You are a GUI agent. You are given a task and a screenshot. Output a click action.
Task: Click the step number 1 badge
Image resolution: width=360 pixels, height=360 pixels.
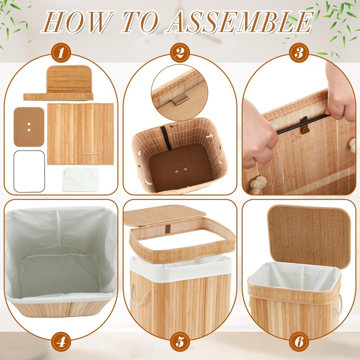[61, 53]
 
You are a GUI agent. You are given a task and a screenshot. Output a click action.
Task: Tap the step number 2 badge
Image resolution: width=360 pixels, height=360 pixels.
[180, 53]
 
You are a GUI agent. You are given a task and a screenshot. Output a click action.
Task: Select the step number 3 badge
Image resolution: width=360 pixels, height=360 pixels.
[299, 53]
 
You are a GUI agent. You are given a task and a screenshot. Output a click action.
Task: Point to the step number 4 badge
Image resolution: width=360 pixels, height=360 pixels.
[61, 342]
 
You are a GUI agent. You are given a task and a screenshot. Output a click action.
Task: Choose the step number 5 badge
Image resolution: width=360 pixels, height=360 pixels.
[180, 342]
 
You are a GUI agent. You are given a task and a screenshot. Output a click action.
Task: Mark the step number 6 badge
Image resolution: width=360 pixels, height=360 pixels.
[299, 342]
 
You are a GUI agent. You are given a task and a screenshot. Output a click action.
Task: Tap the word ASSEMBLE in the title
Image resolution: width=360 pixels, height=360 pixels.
[241, 22]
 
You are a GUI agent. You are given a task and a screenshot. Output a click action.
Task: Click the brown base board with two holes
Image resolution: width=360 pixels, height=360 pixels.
[29, 127]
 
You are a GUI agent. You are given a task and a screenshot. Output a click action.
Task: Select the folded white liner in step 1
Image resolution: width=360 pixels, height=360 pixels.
[81, 179]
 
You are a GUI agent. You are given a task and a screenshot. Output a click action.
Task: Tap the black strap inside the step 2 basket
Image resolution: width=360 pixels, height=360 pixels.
[166, 138]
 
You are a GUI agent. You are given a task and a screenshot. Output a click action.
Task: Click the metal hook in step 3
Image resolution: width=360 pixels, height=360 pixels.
[304, 125]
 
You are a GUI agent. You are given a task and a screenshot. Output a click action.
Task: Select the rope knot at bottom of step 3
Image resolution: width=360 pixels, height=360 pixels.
[258, 184]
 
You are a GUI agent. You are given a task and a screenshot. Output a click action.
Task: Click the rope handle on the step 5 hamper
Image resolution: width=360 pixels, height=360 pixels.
[139, 295]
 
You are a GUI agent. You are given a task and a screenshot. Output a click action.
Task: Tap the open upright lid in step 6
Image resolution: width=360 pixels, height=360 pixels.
[309, 237]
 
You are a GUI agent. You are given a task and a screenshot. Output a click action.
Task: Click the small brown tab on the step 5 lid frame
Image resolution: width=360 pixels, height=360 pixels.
[168, 228]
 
